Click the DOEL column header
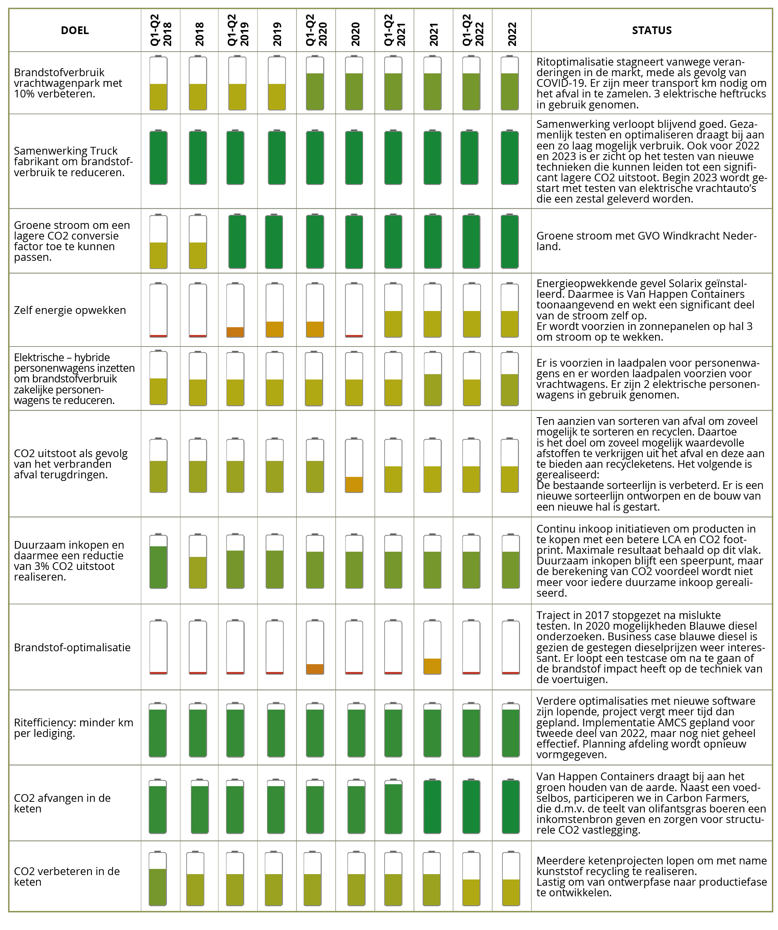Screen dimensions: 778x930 (x=75, y=30)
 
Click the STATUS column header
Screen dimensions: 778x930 (x=651, y=30)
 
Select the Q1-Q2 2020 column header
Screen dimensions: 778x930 (x=316, y=30)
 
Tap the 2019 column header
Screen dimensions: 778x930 (x=277, y=34)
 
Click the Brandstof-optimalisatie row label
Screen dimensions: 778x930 (x=72, y=648)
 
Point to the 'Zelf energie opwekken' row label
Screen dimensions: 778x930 (x=70, y=310)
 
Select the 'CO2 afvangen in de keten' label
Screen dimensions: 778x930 (x=63, y=803)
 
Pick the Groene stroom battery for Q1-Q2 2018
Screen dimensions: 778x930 (x=158, y=241)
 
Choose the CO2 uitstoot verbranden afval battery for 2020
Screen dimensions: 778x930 (x=354, y=466)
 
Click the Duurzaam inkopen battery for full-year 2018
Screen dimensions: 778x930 (x=198, y=561)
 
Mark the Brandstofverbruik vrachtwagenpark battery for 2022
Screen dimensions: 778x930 (x=510, y=83)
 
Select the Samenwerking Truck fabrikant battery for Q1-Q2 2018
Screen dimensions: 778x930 (x=158, y=157)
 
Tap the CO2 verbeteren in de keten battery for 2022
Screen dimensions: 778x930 (x=511, y=879)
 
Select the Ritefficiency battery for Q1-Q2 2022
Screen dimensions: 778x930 (x=471, y=729)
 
